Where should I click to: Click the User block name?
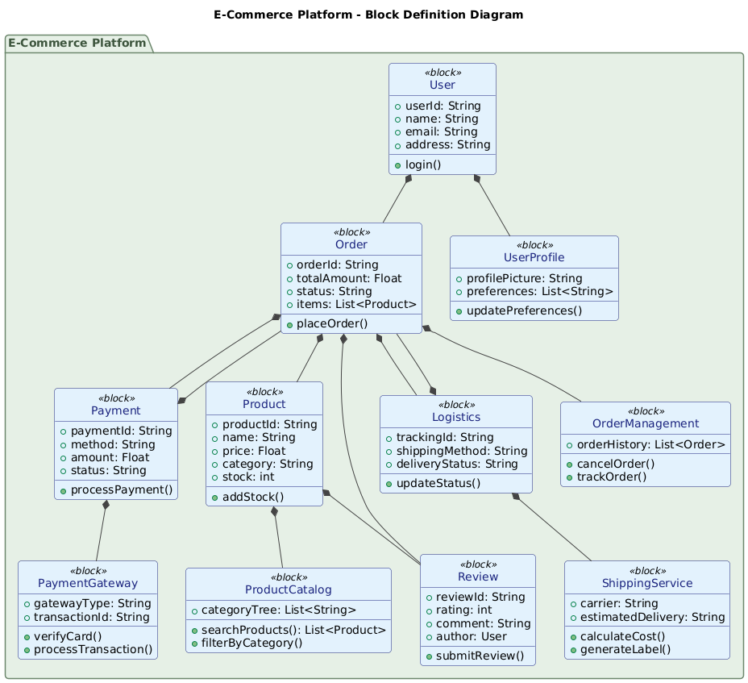(442, 85)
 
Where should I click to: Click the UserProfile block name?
(534, 257)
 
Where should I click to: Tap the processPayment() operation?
(121, 489)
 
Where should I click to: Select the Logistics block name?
(455, 417)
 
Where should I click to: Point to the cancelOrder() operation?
(617, 463)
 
